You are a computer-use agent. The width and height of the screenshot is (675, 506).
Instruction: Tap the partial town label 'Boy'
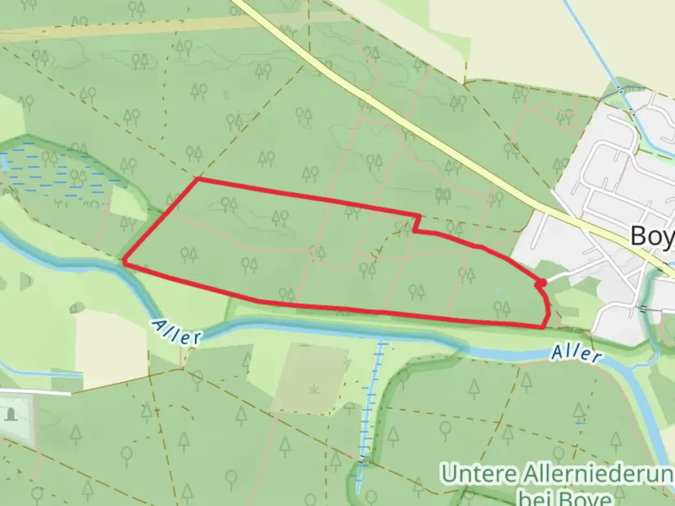click(x=652, y=235)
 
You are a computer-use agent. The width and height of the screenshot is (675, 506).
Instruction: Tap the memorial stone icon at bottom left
click(x=11, y=414)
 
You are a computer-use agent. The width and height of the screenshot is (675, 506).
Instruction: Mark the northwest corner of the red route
click(x=197, y=179)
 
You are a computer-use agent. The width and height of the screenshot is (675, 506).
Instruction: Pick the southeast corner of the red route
click(x=544, y=327)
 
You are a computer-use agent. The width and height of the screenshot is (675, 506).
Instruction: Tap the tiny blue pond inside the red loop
click(x=499, y=291)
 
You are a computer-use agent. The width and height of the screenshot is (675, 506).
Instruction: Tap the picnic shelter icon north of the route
click(x=442, y=194)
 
